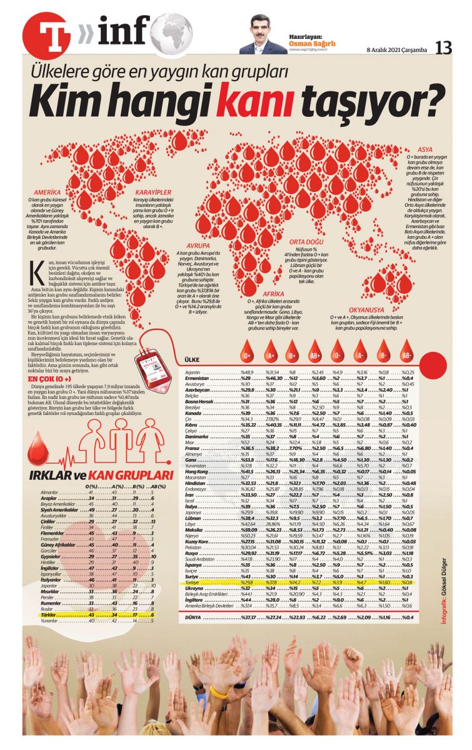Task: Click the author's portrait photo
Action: pyautogui.click(x=259, y=35)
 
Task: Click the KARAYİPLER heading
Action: pyautogui.click(x=154, y=192)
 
